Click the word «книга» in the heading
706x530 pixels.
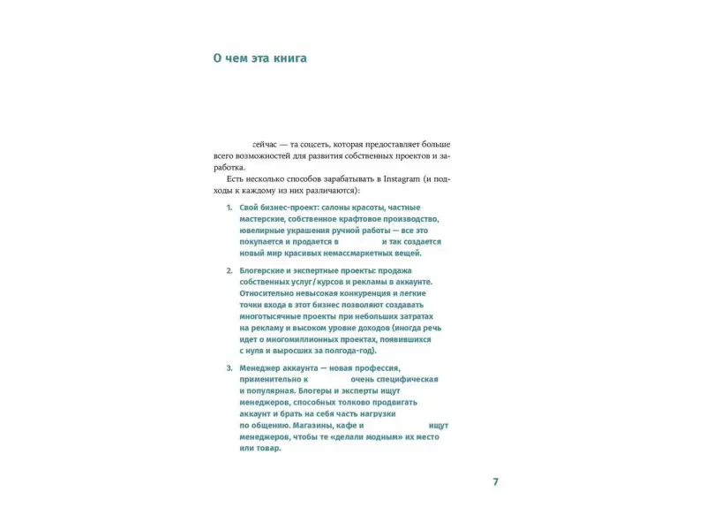(x=287, y=59)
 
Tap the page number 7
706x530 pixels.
(x=495, y=481)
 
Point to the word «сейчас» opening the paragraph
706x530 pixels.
(x=267, y=143)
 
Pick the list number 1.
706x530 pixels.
(x=229, y=207)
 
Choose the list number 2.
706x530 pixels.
(x=229, y=270)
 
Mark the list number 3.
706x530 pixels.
(x=229, y=367)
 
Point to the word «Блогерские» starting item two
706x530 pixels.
(x=265, y=270)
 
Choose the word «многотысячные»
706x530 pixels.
(x=273, y=316)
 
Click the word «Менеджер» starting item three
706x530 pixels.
(x=261, y=367)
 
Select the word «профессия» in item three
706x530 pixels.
(x=375, y=367)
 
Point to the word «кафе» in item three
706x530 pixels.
(x=374, y=425)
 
